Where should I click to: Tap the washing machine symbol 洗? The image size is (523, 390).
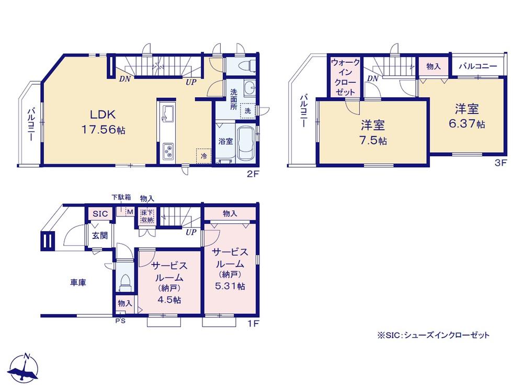(249, 110)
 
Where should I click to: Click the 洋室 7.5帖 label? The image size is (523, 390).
(373, 133)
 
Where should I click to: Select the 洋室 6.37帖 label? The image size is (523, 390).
(467, 116)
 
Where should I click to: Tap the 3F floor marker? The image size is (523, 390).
(501, 163)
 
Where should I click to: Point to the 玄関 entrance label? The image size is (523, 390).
(100, 235)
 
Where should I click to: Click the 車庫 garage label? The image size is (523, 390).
(78, 282)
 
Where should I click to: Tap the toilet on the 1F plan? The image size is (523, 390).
(124, 282)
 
